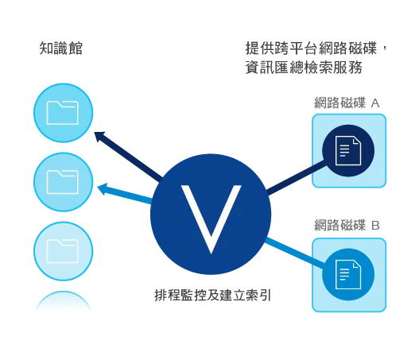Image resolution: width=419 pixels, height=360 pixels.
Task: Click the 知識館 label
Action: (x=61, y=48)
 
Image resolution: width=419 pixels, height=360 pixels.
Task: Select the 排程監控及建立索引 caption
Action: (x=213, y=296)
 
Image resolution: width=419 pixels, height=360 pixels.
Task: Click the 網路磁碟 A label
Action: (x=347, y=103)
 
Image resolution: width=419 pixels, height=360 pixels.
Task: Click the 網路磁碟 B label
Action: (x=347, y=225)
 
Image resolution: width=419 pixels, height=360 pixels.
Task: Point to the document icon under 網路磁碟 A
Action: (x=348, y=151)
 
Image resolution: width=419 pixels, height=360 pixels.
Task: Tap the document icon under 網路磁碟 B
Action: (x=348, y=274)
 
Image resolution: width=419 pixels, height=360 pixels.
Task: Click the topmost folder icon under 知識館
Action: (x=63, y=113)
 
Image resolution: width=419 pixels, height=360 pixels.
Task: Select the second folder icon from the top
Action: (x=63, y=182)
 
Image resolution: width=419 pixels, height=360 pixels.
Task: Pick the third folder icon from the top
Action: (x=63, y=251)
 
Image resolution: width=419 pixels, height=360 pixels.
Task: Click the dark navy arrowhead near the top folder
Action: (x=99, y=136)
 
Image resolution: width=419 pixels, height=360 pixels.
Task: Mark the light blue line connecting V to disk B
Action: (x=295, y=253)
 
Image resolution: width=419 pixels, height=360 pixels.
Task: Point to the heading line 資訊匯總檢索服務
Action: (x=304, y=67)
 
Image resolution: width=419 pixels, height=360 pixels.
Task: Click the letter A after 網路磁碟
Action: (x=375, y=103)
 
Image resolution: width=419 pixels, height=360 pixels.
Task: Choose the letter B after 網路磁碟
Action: (x=375, y=226)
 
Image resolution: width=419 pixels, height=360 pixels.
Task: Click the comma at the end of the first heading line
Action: (x=384, y=49)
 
